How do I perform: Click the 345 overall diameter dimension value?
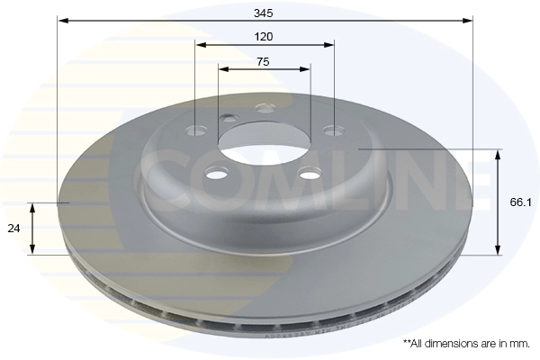(263, 13)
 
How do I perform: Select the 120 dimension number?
(264, 37)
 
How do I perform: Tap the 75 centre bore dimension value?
(263, 62)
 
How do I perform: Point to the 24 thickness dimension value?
(13, 229)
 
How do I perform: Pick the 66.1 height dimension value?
(520, 202)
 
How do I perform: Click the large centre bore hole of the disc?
(264, 142)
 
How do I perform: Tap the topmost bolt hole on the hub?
(265, 109)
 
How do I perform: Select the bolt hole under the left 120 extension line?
(196, 130)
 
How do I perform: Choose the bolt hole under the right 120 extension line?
(333, 130)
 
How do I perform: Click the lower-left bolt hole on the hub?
(217, 174)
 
